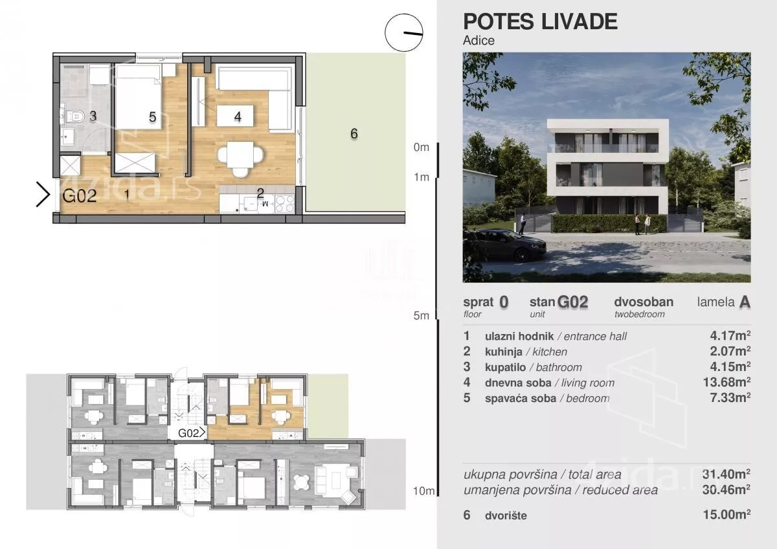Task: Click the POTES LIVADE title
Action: (x=540, y=21)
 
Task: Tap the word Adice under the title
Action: (x=479, y=41)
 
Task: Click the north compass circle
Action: (x=404, y=32)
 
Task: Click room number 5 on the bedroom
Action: (x=152, y=117)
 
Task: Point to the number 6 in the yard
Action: (x=354, y=133)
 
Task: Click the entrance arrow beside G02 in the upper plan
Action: (x=43, y=195)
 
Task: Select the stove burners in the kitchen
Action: (x=284, y=204)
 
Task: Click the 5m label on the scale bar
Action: (x=421, y=315)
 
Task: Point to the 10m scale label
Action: (x=423, y=491)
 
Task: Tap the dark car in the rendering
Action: (x=504, y=244)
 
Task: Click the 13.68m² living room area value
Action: (x=726, y=382)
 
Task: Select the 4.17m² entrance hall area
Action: (x=730, y=336)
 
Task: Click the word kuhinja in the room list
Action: (x=503, y=352)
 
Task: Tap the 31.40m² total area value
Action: (x=726, y=474)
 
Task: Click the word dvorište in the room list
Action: (x=506, y=515)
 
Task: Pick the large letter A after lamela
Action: (x=745, y=302)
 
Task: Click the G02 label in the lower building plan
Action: (x=188, y=433)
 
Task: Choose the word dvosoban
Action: (x=644, y=302)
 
